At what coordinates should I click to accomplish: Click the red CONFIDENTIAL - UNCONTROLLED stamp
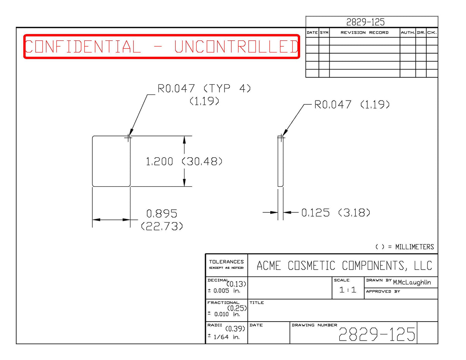(x=162, y=46)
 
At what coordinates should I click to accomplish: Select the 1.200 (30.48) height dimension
(x=184, y=161)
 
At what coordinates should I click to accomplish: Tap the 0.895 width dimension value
(x=162, y=213)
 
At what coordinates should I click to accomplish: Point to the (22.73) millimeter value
(x=162, y=226)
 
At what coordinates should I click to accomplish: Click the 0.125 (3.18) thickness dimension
(x=336, y=212)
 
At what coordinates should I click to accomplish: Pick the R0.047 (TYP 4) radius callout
(x=204, y=88)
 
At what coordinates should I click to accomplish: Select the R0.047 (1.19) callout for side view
(x=352, y=104)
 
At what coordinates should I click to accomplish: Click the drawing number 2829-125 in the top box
(x=365, y=22)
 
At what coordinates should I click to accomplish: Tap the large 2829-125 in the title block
(x=377, y=334)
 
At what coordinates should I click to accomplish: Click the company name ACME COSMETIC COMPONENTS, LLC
(x=344, y=266)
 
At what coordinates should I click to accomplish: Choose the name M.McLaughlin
(x=412, y=282)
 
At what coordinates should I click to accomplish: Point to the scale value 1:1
(x=348, y=290)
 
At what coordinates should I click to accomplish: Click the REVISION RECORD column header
(x=365, y=33)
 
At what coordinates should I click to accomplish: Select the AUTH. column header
(x=408, y=33)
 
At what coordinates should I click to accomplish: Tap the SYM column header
(x=324, y=33)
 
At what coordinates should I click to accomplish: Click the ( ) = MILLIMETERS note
(x=405, y=247)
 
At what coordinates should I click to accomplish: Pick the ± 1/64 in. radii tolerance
(x=224, y=337)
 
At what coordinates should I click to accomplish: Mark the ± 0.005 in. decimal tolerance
(x=224, y=290)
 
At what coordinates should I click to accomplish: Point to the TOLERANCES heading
(x=226, y=262)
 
